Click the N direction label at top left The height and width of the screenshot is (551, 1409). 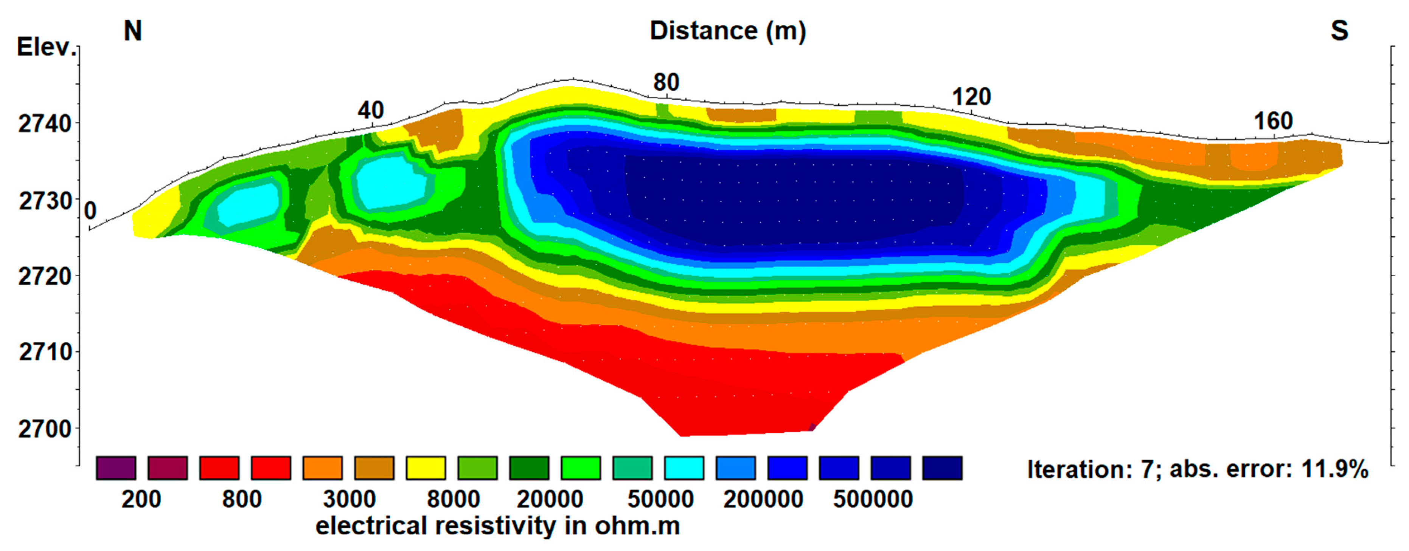133,31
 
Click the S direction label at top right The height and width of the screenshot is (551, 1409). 1339,31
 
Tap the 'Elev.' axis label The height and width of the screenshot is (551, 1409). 46,48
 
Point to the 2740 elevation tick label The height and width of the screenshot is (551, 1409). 45,124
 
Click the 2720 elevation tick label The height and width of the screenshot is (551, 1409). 45,277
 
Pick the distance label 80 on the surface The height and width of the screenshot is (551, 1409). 666,82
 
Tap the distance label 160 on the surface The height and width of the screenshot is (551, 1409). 1273,121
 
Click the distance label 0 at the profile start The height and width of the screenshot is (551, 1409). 90,211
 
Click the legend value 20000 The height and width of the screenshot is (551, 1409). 550,500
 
